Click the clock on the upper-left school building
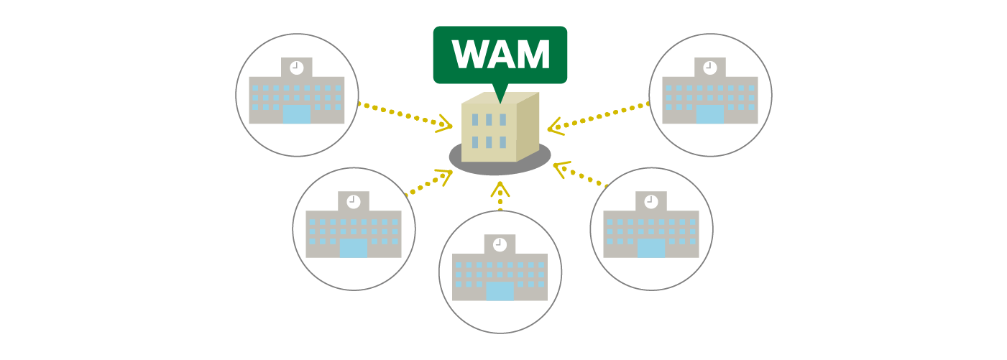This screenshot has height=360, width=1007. [296, 68]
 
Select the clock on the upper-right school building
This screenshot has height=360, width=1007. [710, 68]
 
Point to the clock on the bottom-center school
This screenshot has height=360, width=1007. [500, 244]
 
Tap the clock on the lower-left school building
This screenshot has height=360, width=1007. [353, 202]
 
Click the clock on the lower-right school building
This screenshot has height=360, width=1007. [651, 202]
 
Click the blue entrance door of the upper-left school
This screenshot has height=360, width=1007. [296, 114]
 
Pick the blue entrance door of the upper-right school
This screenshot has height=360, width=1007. [710, 114]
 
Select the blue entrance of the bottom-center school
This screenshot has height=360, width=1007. [500, 291]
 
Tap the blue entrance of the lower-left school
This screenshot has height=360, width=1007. [353, 248]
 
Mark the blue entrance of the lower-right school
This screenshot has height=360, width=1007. [651, 248]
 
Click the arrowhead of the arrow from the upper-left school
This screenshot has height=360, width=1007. [446, 126]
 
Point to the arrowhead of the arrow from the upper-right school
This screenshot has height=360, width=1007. [553, 128]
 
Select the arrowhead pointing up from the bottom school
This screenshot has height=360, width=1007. [500, 188]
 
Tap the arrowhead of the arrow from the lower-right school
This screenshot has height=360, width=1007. [560, 168]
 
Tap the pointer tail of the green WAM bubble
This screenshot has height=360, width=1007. [501, 93]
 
